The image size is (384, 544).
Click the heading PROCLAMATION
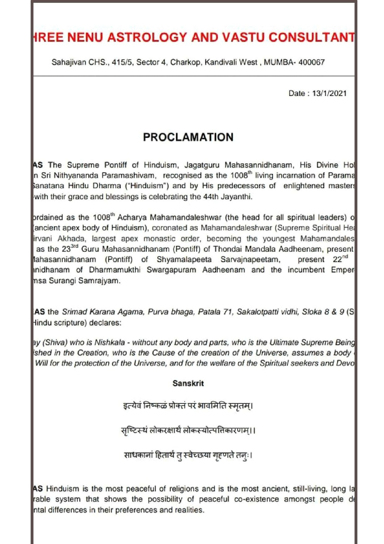[x=188, y=137]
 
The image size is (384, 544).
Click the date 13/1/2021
[x=329, y=93]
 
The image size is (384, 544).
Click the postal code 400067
[x=311, y=62]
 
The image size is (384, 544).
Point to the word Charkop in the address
[x=185, y=62]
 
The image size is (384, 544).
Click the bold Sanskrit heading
[x=188, y=383]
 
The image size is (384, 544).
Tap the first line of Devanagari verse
[x=188, y=406]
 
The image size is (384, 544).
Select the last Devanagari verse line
[x=188, y=455]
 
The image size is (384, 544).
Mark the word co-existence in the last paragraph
[x=256, y=499]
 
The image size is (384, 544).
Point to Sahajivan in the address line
[x=69, y=62]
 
